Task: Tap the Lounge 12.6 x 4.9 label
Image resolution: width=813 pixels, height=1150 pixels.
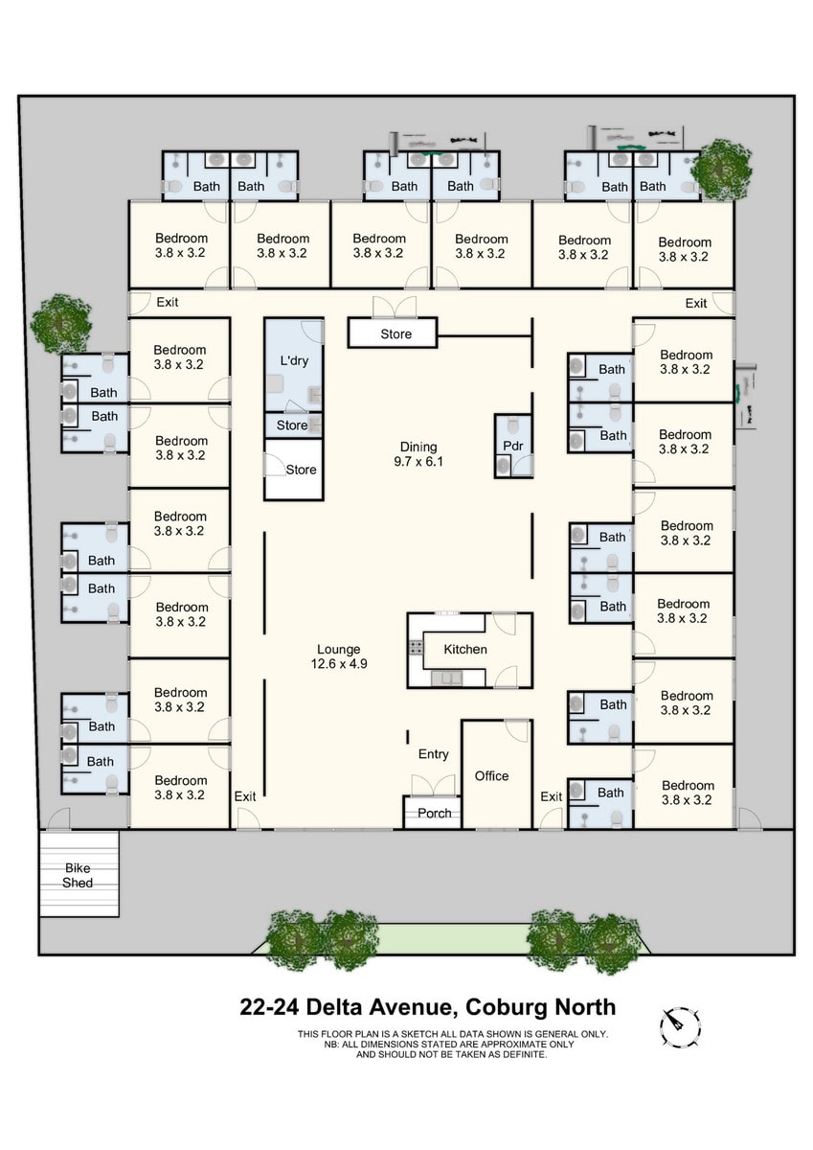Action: coord(339,655)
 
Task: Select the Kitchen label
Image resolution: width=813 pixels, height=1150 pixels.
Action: coord(465,650)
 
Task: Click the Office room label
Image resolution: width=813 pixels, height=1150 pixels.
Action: coord(491,776)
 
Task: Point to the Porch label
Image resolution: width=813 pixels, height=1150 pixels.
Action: coord(435,814)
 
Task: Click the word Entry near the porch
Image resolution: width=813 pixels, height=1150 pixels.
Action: coord(433,755)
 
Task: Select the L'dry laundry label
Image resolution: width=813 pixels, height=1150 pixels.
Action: coord(294,361)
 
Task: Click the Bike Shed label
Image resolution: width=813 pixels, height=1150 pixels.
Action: coord(78,875)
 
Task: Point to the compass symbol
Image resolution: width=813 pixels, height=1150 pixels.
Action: coord(680,1026)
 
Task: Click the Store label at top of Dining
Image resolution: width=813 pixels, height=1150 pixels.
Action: coord(395,334)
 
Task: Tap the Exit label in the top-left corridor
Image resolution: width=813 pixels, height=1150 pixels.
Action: coord(168,303)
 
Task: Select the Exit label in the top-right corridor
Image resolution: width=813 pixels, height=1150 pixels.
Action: coord(696,304)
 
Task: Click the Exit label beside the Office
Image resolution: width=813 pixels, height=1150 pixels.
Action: coord(551,796)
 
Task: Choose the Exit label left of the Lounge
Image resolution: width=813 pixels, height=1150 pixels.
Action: coord(245,796)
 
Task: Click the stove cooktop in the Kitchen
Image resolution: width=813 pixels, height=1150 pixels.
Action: coord(417,649)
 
